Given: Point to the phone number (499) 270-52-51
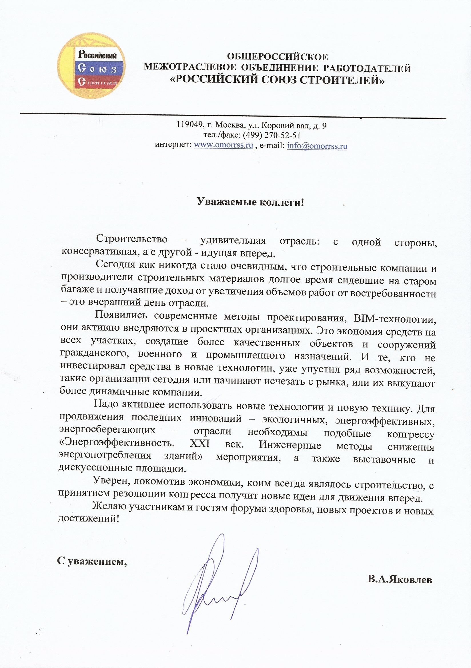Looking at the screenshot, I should click(x=272, y=135).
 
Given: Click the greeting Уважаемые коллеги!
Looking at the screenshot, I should click(x=251, y=202).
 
